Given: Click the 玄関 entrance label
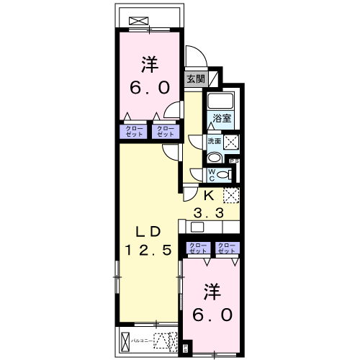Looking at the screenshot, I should (194, 79).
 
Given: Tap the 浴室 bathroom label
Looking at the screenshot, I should (221, 118).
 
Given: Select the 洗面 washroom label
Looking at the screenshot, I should (215, 141).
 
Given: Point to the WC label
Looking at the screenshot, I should (213, 174).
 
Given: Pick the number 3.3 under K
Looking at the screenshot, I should (210, 212).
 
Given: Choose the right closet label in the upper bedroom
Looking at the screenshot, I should (165, 131).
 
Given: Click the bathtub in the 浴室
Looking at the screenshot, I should (221, 100).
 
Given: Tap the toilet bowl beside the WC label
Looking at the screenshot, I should (224, 174).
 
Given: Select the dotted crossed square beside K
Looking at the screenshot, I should (230, 195).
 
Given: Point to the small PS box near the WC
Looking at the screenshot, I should (233, 161).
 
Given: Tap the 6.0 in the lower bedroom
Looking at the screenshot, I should (211, 315).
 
